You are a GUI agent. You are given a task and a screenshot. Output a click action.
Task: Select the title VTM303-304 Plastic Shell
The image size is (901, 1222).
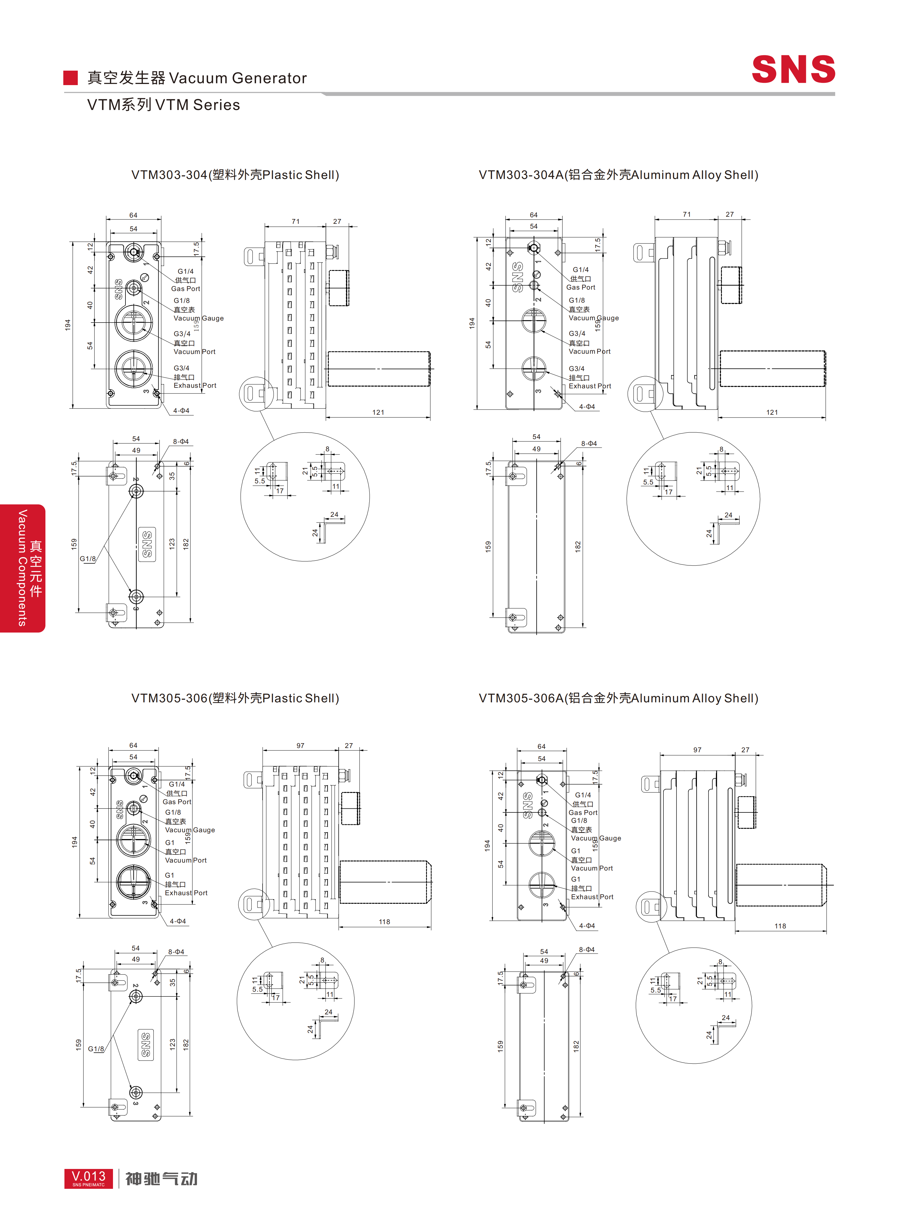click(235, 175)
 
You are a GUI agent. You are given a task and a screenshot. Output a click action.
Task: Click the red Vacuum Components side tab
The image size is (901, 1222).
click(23, 568)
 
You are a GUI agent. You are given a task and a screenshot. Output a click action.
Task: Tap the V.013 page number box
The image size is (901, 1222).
click(88, 1178)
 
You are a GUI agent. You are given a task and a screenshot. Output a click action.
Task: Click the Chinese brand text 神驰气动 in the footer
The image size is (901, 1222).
click(162, 1179)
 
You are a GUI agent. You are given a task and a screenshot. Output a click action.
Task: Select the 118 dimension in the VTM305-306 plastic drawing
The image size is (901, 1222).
click(385, 922)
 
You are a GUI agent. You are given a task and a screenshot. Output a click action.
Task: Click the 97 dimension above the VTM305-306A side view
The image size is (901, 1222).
click(697, 750)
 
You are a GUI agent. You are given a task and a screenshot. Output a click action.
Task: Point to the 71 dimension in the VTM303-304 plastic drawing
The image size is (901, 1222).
click(296, 221)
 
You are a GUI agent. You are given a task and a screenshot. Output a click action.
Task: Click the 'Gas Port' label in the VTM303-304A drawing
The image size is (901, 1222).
click(581, 287)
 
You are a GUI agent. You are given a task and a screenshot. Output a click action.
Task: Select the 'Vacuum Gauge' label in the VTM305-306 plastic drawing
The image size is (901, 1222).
click(190, 830)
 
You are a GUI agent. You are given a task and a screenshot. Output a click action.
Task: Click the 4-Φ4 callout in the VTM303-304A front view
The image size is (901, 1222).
click(587, 406)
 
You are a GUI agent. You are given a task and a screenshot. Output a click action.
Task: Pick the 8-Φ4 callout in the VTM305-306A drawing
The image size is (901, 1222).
click(587, 949)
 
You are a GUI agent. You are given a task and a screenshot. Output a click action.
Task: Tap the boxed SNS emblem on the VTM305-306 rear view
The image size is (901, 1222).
click(146, 1045)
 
